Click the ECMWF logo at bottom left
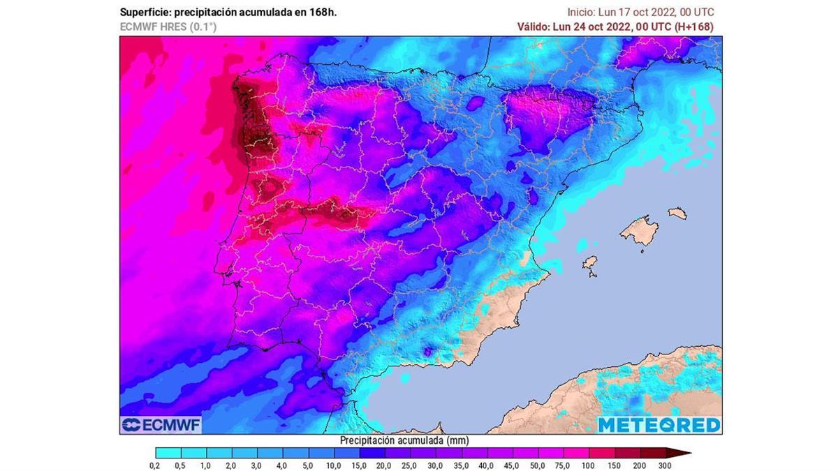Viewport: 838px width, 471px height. [161, 424]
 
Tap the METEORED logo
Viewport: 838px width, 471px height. [659, 424]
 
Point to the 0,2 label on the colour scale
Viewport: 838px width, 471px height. [155, 465]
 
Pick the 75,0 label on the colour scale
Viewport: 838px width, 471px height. [562, 465]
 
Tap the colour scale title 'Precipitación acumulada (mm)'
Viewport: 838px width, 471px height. [404, 440]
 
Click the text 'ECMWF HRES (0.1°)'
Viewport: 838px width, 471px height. [168, 27]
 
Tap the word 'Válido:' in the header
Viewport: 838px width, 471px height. [533, 27]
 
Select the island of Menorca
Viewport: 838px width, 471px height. [677, 211]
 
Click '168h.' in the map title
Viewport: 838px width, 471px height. [322, 13]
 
